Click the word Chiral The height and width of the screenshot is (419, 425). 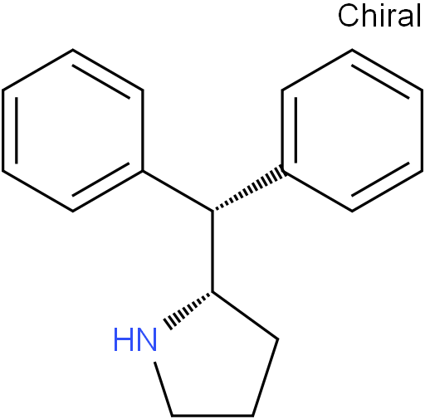pyautogui.click(x=379, y=16)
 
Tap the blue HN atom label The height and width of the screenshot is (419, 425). pyautogui.click(x=135, y=339)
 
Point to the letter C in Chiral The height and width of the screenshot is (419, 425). pyautogui.click(x=348, y=16)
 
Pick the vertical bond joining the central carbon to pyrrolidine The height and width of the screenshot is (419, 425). pyautogui.click(x=212, y=251)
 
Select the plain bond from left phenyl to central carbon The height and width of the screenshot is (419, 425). pyautogui.click(x=178, y=192)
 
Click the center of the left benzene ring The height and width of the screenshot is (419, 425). pyautogui.click(x=72, y=130)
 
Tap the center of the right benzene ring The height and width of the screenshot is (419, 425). pyautogui.click(x=352, y=130)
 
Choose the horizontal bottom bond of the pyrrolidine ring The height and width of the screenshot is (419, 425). pyautogui.click(x=212, y=415)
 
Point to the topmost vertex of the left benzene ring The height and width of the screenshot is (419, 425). pyautogui.click(x=72, y=50)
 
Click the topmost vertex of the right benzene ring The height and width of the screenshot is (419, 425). pyautogui.click(x=352, y=50)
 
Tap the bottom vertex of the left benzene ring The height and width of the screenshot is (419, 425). pyautogui.click(x=72, y=211)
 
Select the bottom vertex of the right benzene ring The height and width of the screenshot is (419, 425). pyautogui.click(x=352, y=211)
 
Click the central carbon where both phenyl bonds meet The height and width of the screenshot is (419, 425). pyautogui.click(x=212, y=212)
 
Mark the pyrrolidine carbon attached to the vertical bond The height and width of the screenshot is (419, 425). pyautogui.click(x=212, y=292)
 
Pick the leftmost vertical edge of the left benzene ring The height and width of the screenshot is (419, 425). pyautogui.click(x=2, y=130)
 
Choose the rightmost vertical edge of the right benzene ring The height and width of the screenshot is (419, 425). pyautogui.click(x=422, y=130)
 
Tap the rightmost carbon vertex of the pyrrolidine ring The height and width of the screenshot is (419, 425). pyautogui.click(x=277, y=339)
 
